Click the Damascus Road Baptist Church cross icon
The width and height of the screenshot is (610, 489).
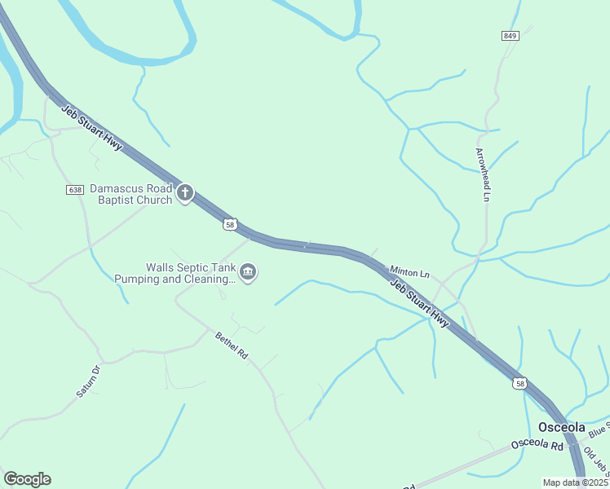185,193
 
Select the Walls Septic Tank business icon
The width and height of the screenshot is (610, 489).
250,272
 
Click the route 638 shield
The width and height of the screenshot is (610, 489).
75,189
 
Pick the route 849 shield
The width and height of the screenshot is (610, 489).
511,36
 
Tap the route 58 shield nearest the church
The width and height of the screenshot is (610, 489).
231,223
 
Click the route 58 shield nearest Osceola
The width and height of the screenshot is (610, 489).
520,382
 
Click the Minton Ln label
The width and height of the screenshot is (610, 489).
409,271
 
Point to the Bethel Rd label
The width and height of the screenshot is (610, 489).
231,346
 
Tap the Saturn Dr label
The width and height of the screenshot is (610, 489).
88,381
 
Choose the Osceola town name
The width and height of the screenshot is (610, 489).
562,428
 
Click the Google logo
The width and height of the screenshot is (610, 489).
27,479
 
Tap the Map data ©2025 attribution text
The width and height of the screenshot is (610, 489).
574,482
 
